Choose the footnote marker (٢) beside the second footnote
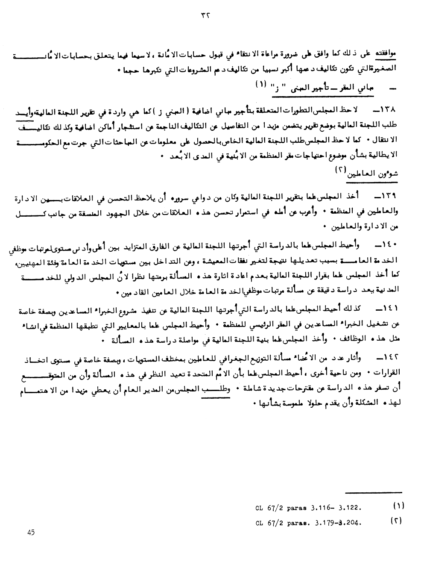(x=398, y=521)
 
